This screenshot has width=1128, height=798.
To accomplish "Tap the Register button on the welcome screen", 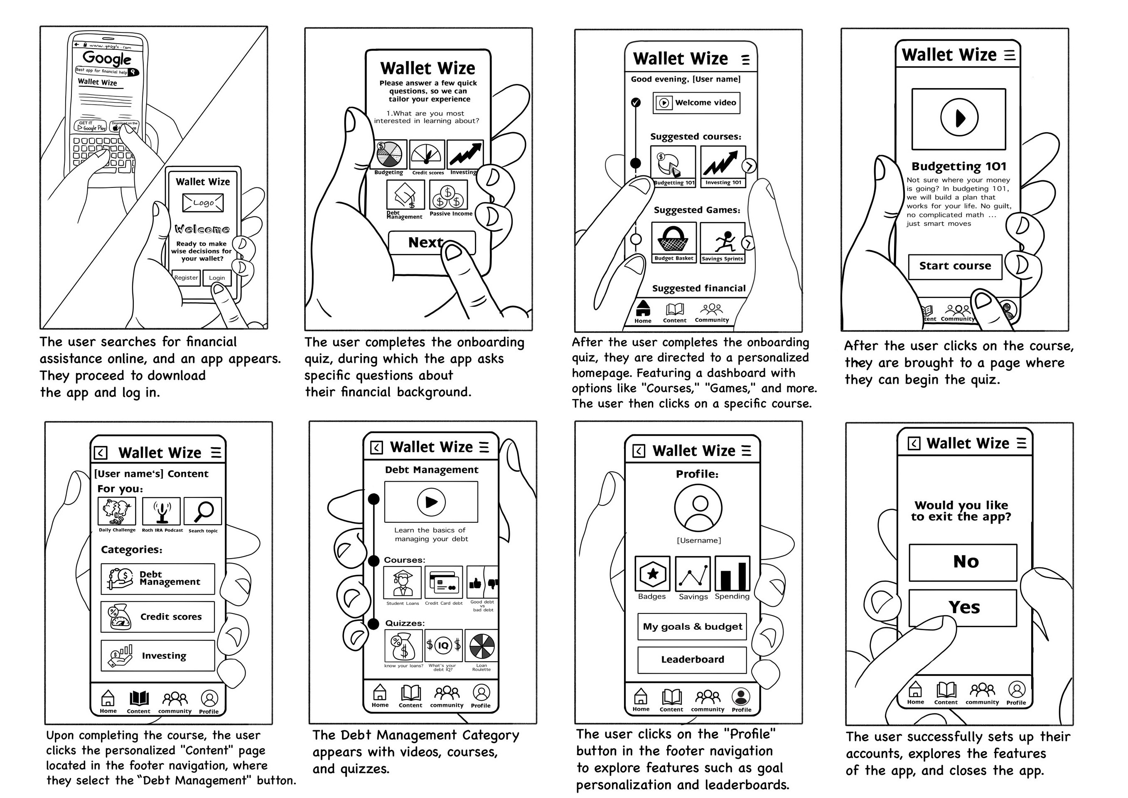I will click(186, 278).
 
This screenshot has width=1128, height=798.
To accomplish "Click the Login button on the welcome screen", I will click(216, 278).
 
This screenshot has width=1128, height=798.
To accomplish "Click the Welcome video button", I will click(696, 103).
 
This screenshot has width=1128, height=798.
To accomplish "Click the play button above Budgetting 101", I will click(959, 118).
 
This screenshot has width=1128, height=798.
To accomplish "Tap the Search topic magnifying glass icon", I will click(203, 511).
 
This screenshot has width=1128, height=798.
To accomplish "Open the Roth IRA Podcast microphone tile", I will click(161, 511).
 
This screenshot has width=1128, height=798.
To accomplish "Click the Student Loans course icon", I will click(402, 583).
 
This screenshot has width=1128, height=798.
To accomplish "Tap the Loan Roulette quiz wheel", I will click(482, 645).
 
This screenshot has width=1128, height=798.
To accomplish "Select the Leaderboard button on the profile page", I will click(692, 660).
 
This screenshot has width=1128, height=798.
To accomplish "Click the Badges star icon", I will click(652, 574).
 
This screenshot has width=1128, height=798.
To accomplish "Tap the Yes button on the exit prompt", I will click(963, 608).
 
